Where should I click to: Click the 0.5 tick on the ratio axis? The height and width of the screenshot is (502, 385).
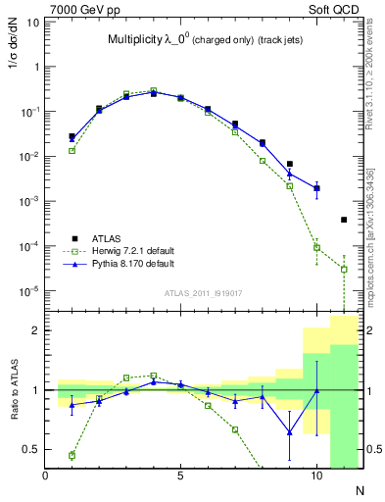click(31, 449)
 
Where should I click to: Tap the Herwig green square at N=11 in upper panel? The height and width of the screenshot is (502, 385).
click(344, 269)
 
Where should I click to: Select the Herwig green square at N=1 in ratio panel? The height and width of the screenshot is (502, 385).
click(72, 455)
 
